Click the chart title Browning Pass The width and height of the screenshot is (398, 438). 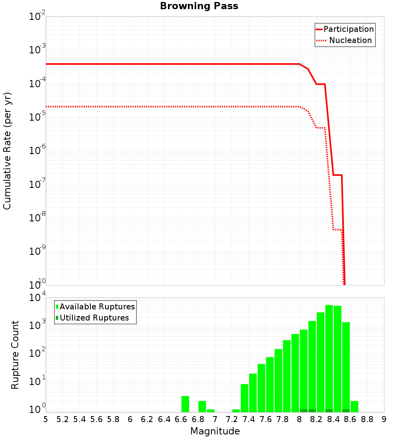click(x=199, y=6)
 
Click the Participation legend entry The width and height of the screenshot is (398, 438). click(x=349, y=29)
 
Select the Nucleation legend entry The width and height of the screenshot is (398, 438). click(x=350, y=40)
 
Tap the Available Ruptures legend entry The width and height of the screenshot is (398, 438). click(x=97, y=307)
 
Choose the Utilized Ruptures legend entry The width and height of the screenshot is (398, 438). click(x=94, y=318)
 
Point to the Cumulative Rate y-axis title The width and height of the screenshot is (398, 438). click(x=7, y=151)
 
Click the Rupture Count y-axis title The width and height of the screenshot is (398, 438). click(x=15, y=355)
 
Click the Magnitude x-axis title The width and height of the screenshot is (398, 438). click(x=215, y=431)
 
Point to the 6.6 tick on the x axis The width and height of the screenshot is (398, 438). click(x=181, y=419)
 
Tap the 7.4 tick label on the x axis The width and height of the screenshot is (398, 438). click(x=249, y=419)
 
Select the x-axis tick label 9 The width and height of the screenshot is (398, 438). click(x=384, y=419)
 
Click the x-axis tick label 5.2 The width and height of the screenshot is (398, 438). click(x=62, y=419)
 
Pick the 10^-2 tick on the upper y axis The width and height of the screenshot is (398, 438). click(x=37, y=17)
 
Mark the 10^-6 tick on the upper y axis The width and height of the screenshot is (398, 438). click(x=37, y=151)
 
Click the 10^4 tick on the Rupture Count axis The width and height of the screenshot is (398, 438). click(x=37, y=298)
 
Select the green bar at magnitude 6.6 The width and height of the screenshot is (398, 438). click(x=185, y=404)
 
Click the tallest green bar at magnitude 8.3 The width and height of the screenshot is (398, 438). click(x=329, y=358)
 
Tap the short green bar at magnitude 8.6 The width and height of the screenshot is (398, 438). click(x=354, y=406)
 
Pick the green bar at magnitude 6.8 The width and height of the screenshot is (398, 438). click(x=202, y=406)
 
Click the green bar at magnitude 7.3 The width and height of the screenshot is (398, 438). click(x=236, y=411)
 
